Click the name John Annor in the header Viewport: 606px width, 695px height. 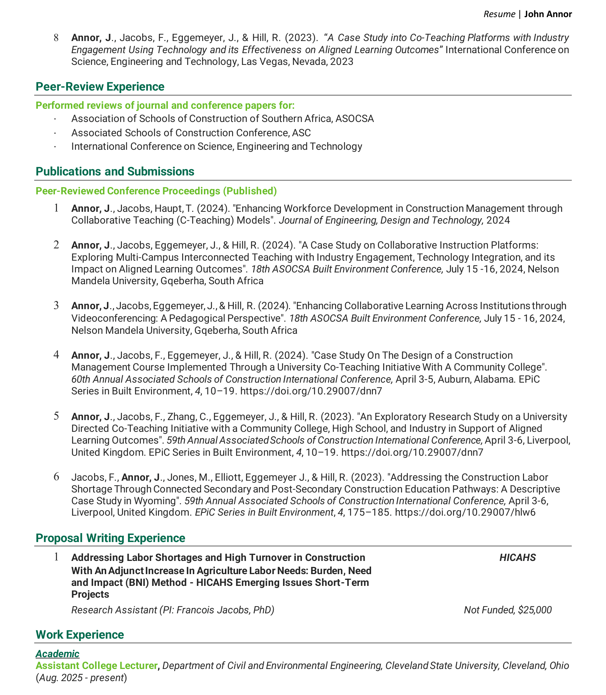tap(548, 14)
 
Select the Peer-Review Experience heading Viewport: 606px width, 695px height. tap(100, 87)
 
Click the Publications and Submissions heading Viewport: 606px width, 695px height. tap(115, 172)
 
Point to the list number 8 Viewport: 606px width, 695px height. tap(56, 37)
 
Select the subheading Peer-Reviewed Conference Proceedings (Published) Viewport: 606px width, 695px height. tap(156, 191)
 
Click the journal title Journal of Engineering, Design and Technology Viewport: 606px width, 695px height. tap(381, 220)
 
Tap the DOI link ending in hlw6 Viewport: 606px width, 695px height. tap(465, 513)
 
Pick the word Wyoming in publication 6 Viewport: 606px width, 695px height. tap(158, 501)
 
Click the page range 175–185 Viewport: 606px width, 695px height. tap(370, 513)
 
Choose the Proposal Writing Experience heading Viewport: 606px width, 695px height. tap(110, 538)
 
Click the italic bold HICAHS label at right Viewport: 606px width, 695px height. tap(517, 558)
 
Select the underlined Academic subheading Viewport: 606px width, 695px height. tap(57, 654)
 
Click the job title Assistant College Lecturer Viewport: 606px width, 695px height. tap(97, 666)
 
